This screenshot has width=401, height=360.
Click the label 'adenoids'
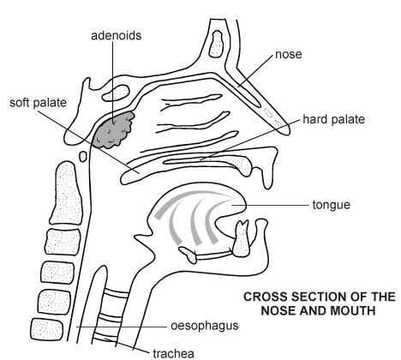click(x=117, y=36)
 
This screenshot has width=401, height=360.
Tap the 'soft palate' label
click(x=38, y=103)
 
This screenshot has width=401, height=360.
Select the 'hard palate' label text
click(x=333, y=119)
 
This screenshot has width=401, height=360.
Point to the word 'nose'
click(x=289, y=54)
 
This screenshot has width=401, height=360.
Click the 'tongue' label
click(x=332, y=205)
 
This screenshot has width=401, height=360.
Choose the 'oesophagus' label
click(x=205, y=326)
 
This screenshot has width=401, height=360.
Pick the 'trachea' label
click(x=174, y=353)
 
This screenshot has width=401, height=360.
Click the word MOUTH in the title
click(x=351, y=310)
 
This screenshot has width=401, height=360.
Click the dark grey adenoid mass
click(x=114, y=130)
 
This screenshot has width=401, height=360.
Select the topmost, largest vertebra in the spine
click(x=67, y=193)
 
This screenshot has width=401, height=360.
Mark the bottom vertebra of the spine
click(x=46, y=329)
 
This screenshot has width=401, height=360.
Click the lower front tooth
click(x=242, y=239)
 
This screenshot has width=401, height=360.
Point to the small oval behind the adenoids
click(x=83, y=156)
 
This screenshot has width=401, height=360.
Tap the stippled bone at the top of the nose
click(x=216, y=44)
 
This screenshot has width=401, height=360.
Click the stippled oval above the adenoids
click(x=116, y=93)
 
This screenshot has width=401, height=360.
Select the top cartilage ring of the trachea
click(x=116, y=293)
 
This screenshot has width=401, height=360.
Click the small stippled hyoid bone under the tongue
click(x=188, y=255)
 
